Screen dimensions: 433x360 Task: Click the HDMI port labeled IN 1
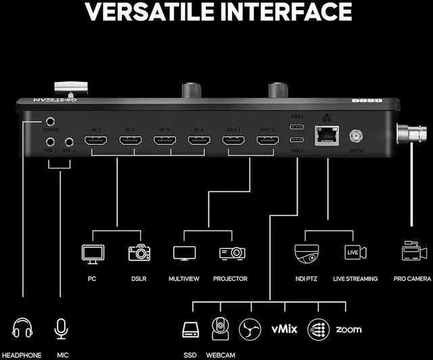pyautogui.click(x=95, y=141)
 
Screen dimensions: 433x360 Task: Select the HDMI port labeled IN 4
pyautogui.click(x=198, y=141)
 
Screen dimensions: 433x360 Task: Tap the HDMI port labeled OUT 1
pyautogui.click(x=233, y=141)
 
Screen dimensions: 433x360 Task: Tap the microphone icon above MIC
pyautogui.click(x=62, y=330)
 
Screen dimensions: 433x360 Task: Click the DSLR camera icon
pyautogui.click(x=139, y=253)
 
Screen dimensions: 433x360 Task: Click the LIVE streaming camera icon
pyautogui.click(x=355, y=253)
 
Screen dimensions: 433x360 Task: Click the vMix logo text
pyautogui.click(x=284, y=330)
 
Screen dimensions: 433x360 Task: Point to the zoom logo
pyautogui.click(x=348, y=330)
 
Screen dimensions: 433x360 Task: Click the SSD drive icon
pyautogui.click(x=190, y=330)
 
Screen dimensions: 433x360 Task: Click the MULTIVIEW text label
pyautogui.click(x=184, y=279)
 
